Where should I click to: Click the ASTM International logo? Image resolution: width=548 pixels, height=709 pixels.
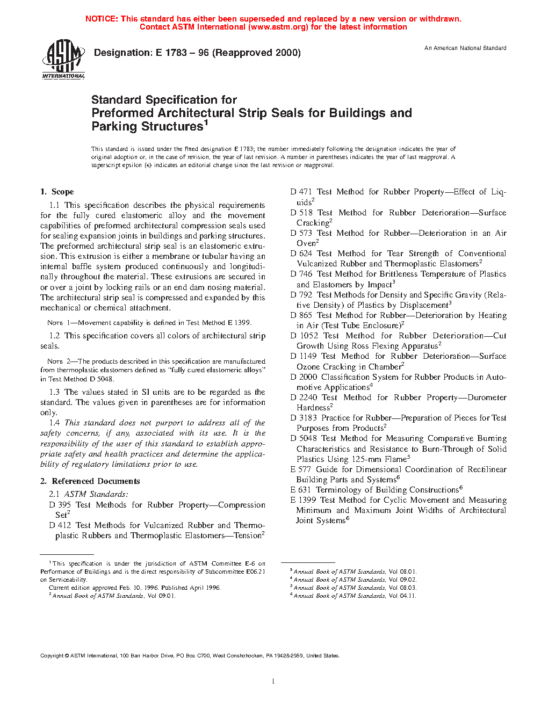click(x=63, y=60)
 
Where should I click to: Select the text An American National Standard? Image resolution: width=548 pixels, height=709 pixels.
click(x=465, y=48)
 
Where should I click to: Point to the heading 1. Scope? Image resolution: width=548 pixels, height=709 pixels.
click(x=57, y=192)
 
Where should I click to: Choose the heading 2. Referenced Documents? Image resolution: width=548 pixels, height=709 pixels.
click(x=90, y=481)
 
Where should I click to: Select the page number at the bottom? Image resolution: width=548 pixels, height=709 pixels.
click(x=273, y=682)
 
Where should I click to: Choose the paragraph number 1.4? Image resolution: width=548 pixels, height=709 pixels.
click(x=54, y=423)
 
